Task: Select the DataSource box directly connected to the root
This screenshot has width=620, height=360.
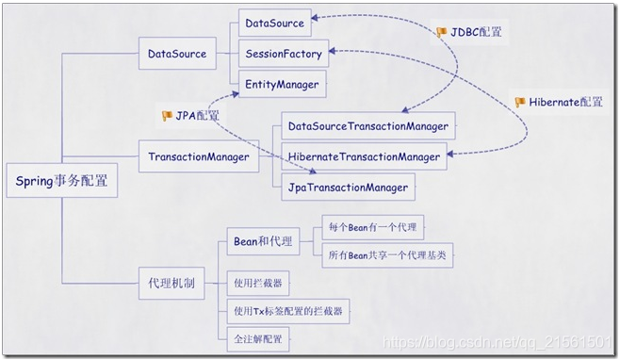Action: (177, 53)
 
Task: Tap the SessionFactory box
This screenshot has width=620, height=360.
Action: (283, 53)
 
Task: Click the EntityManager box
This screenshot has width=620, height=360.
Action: (282, 85)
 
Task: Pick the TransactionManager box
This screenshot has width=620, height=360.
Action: (199, 156)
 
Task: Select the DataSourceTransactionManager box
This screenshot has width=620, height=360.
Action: (368, 125)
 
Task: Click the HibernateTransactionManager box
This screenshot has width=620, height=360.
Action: (364, 156)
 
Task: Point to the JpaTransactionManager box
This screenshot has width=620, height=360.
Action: (347, 188)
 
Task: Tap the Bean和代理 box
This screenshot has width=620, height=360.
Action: (261, 241)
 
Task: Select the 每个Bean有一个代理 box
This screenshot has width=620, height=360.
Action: (372, 226)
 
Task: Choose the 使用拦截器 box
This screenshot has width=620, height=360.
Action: (258, 282)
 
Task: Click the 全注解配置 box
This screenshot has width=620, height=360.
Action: (257, 337)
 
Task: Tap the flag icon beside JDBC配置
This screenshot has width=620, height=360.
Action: (442, 32)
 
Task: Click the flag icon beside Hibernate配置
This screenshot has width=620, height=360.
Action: (520, 102)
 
